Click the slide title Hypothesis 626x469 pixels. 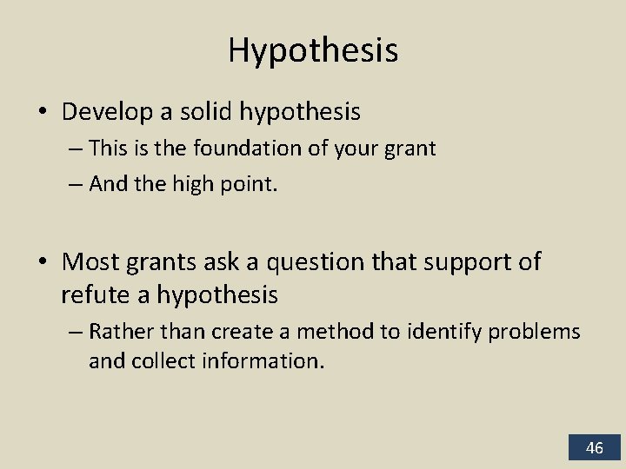tap(313, 50)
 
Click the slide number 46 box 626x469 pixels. tap(595, 447)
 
